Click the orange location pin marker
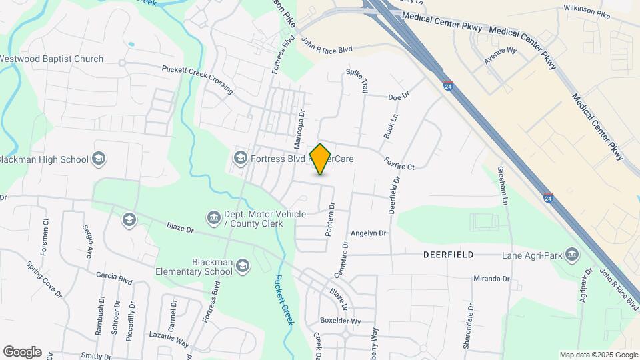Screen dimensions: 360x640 [321, 159]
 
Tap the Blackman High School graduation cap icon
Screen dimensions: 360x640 [99, 159]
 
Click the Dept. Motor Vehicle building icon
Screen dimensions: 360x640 [213, 217]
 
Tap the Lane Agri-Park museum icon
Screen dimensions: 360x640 [572, 255]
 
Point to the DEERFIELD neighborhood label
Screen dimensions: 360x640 [449, 255]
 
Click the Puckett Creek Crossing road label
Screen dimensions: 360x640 [197, 78]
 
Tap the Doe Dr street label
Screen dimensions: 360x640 [398, 97]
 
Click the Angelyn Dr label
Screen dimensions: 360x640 [369, 233]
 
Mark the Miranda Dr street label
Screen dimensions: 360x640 [491, 279]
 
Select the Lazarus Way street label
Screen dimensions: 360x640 [169, 340]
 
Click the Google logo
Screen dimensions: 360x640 [22, 352]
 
